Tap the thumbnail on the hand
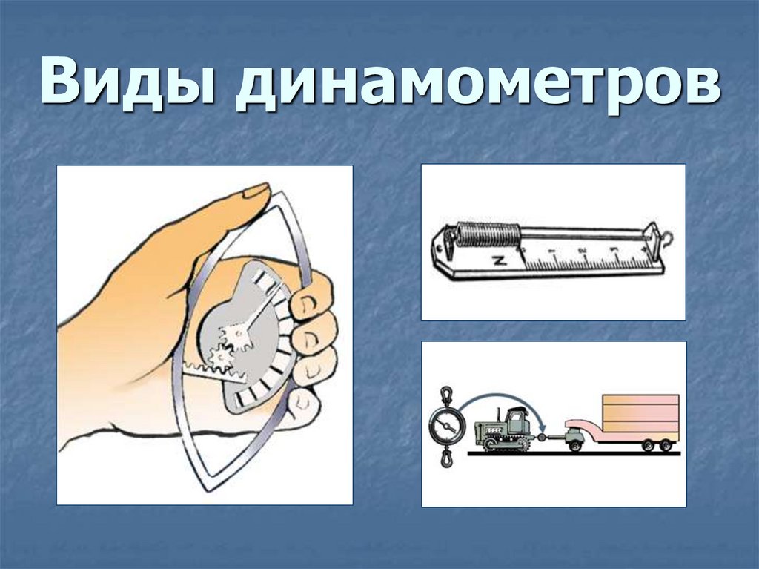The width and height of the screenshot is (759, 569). (x=256, y=191)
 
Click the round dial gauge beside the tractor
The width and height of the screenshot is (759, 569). (x=447, y=427)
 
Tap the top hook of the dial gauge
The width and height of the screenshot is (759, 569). (x=447, y=395)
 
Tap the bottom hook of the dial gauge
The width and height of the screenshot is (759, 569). (x=447, y=460)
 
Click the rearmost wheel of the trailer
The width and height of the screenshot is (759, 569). (x=666, y=445)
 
